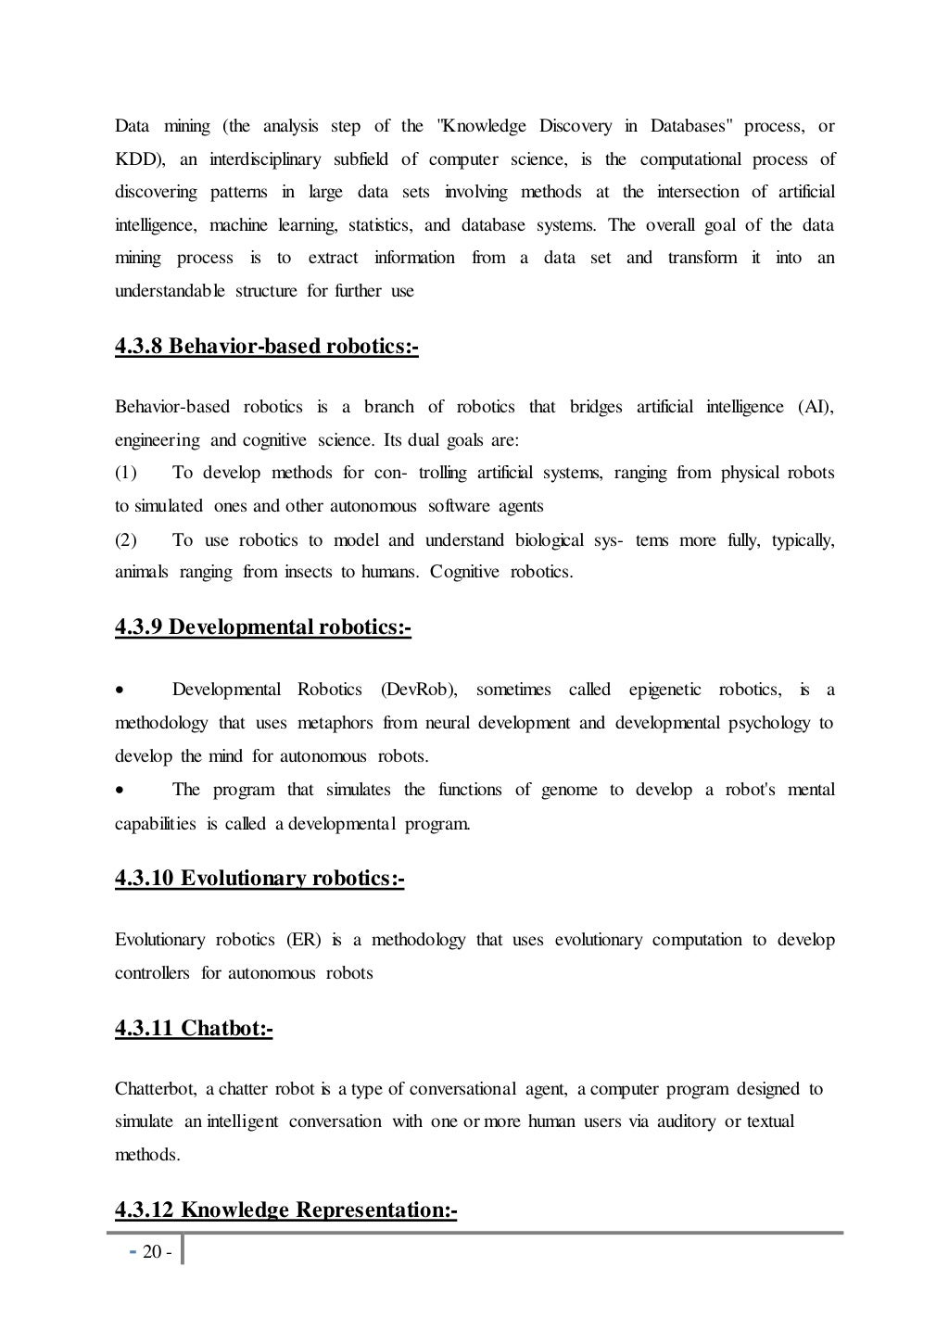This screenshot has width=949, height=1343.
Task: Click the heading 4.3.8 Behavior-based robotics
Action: tap(266, 348)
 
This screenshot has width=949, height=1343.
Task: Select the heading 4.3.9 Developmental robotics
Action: tap(262, 627)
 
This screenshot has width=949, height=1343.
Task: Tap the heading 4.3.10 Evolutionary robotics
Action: tap(259, 878)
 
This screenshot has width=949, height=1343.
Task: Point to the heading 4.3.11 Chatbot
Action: tap(194, 1028)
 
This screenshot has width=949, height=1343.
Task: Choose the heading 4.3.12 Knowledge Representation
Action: tap(285, 1210)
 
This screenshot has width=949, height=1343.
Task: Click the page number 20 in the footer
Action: tap(151, 1252)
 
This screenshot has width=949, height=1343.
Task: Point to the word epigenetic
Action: tap(665, 690)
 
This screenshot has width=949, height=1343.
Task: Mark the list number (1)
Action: tap(126, 473)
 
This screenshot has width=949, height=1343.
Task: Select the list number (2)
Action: tap(126, 539)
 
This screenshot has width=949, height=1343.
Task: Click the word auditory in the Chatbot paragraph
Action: tap(686, 1121)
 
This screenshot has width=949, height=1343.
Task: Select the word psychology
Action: tap(768, 723)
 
